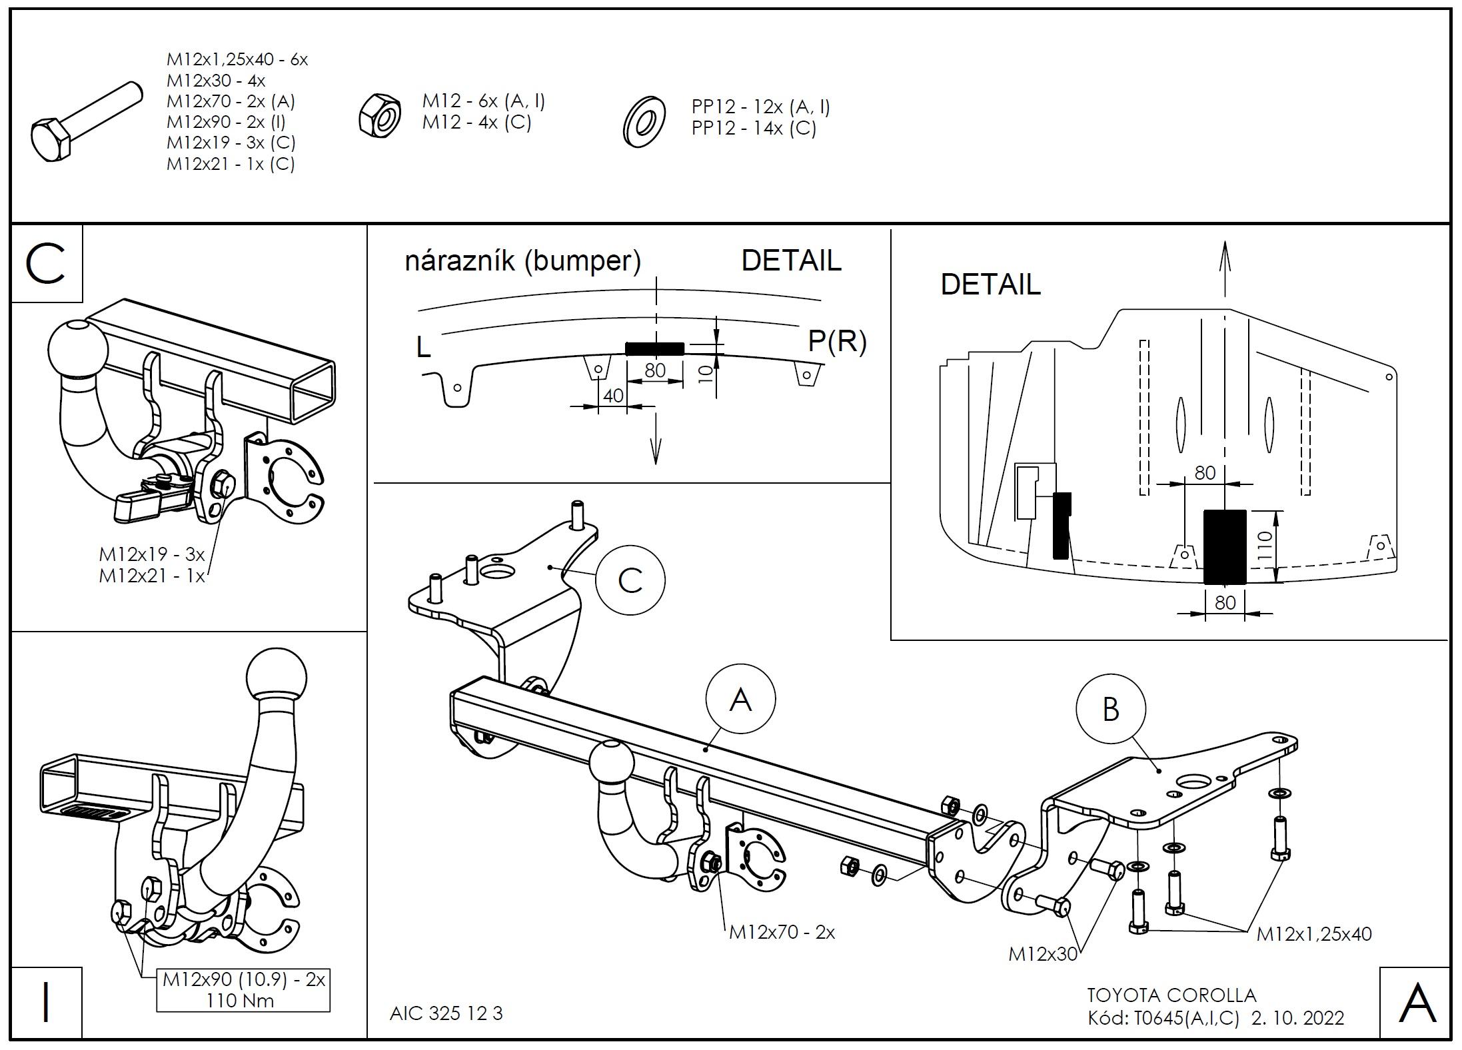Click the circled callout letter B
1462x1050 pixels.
(x=1110, y=710)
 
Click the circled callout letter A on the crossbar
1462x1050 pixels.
(x=740, y=700)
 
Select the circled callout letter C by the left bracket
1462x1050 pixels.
(x=630, y=580)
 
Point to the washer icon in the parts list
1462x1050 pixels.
(x=644, y=122)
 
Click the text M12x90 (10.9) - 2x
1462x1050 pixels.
(x=244, y=979)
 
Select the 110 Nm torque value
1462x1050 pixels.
(x=240, y=1000)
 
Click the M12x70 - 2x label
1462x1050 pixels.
(x=782, y=931)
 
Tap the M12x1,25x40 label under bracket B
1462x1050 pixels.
(x=1314, y=934)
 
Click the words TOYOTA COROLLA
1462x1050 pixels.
(x=1171, y=995)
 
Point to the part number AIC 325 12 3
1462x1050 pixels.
(x=446, y=1013)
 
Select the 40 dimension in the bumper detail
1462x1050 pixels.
(x=613, y=395)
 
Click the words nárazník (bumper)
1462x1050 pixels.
(x=523, y=261)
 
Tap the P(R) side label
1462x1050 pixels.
(x=837, y=341)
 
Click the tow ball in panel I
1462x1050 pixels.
(x=277, y=675)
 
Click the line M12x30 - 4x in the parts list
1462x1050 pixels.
(x=216, y=81)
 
